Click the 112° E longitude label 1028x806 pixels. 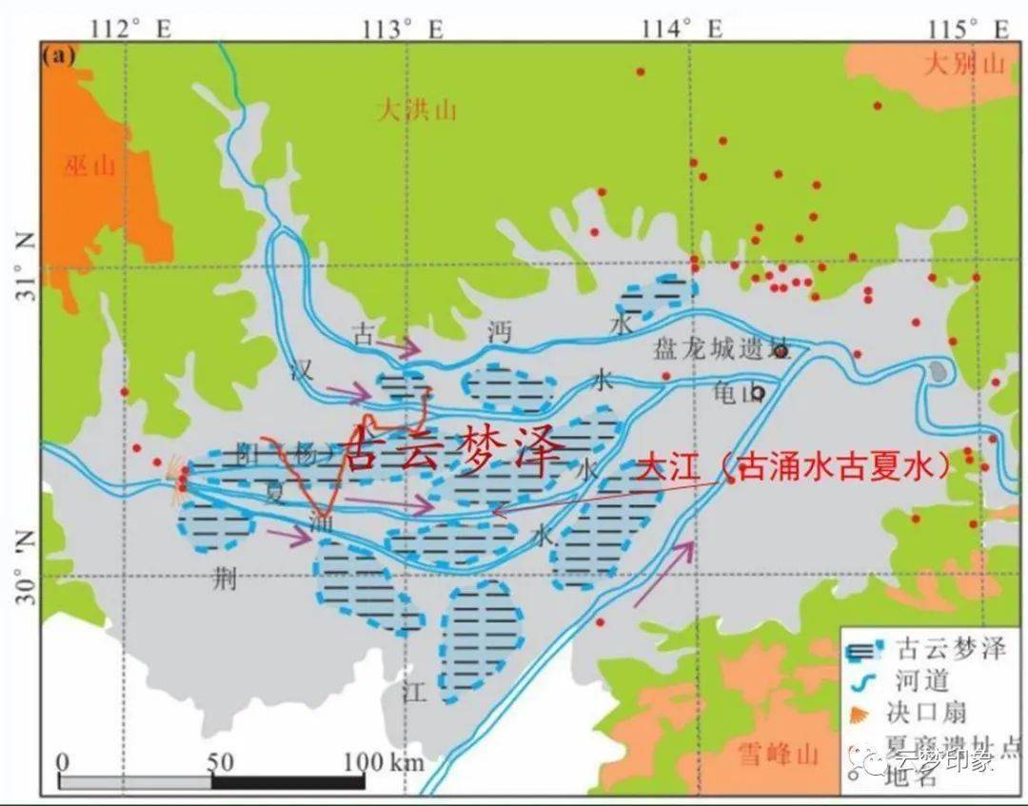(x=130, y=28)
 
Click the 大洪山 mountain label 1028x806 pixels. (x=417, y=110)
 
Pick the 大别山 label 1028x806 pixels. (x=965, y=65)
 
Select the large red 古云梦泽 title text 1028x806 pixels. (x=450, y=450)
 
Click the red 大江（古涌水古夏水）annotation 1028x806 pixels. (x=795, y=466)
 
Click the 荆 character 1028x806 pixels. (x=225, y=578)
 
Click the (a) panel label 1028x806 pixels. (x=59, y=56)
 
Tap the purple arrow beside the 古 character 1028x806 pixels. (x=398, y=347)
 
